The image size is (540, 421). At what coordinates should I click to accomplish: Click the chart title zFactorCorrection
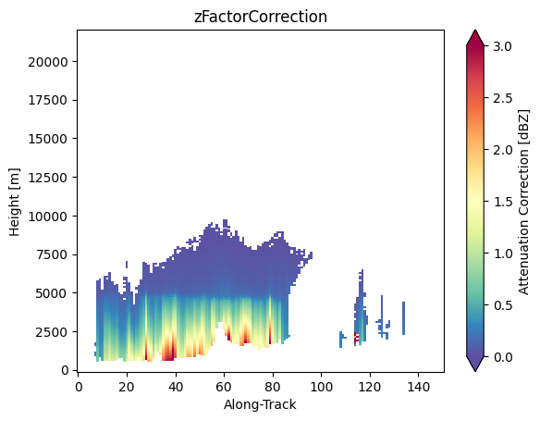[261, 17]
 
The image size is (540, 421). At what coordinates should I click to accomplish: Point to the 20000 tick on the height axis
[48, 62]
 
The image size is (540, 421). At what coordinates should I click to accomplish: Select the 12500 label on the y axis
[48, 178]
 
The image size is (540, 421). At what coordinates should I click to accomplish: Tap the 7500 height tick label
[52, 254]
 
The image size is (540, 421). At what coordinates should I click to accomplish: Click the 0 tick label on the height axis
[65, 370]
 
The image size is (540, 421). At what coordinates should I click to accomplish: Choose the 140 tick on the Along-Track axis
[418, 387]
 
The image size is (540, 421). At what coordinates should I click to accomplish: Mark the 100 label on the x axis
[321, 387]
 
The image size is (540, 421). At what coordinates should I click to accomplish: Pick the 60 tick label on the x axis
[224, 387]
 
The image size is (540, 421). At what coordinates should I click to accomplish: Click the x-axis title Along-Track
[260, 404]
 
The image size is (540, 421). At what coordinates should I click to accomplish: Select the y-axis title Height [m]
[15, 202]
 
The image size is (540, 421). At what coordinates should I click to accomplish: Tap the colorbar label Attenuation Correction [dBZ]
[523, 202]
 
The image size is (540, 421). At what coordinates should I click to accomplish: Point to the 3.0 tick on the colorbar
[502, 46]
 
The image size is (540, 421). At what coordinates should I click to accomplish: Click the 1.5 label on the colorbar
[502, 202]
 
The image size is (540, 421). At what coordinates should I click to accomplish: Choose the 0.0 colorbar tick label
[502, 357]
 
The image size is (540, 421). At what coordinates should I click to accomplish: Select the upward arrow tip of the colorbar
[475, 31]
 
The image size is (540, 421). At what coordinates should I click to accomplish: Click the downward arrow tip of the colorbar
[475, 371]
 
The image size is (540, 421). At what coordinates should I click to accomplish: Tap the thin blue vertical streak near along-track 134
[404, 318]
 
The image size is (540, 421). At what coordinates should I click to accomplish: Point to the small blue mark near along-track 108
[341, 339]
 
